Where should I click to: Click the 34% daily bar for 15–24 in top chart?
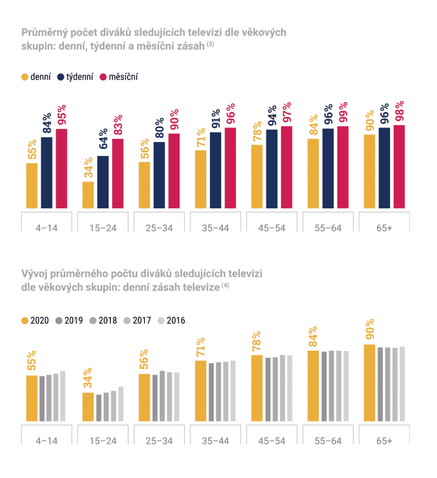click(88, 195)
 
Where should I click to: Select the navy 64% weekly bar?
click(103, 182)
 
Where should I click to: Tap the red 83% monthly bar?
click(118, 174)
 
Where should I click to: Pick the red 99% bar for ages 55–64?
click(343, 167)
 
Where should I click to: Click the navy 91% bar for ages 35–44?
click(215, 170)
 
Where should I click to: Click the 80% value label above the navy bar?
click(160, 128)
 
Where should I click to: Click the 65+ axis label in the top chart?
click(384, 228)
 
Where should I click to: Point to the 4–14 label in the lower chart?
click(47, 441)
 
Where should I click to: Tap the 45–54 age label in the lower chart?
click(272, 441)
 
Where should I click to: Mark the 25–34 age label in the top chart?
click(159, 228)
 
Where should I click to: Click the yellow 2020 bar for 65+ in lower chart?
click(369, 383)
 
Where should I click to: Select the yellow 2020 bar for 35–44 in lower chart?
click(201, 391)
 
